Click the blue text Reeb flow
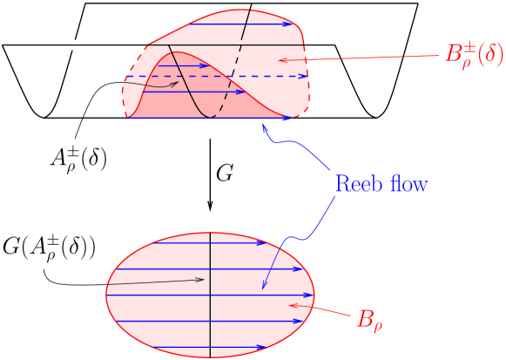(x=381, y=185)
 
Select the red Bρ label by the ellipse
(x=369, y=319)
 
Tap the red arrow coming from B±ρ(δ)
(x=366, y=58)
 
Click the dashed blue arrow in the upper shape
(x=218, y=77)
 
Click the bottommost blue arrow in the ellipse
(x=209, y=348)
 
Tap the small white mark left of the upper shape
(x=76, y=44)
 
